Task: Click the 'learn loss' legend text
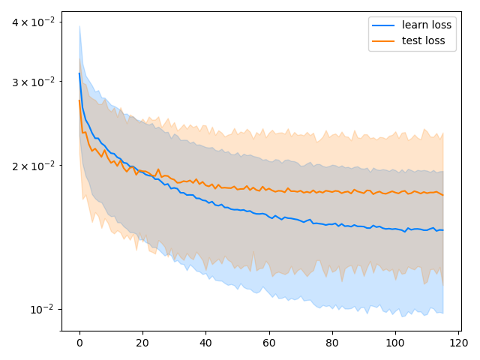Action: (x=427, y=25)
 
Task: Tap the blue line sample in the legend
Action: (x=384, y=25)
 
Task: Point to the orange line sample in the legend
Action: (x=384, y=40)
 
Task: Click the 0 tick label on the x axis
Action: (x=79, y=343)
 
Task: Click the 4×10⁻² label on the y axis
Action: (x=33, y=22)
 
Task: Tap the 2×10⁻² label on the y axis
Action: (x=33, y=165)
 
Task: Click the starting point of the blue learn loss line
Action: (x=79, y=73)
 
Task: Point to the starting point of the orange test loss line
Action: (x=79, y=100)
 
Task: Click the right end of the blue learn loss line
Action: (x=442, y=230)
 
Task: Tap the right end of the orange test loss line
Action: (x=442, y=195)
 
